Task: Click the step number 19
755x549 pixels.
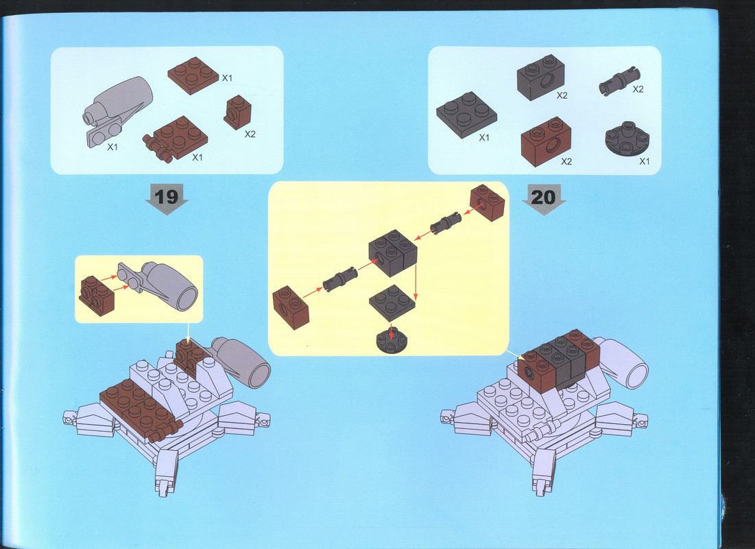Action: click(166, 197)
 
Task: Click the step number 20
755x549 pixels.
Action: click(543, 197)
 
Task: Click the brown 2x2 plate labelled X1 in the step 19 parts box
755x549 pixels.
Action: click(193, 75)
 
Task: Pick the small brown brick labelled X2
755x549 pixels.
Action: click(237, 112)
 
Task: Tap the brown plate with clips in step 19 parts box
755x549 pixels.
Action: click(176, 139)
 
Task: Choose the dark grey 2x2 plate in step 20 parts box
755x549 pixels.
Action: click(466, 115)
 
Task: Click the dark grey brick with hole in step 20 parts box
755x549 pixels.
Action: click(541, 77)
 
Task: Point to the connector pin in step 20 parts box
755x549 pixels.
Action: click(620, 80)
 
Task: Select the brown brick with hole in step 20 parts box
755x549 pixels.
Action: click(546, 141)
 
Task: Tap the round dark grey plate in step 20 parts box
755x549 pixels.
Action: click(627, 139)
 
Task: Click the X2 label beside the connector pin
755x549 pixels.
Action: click(638, 89)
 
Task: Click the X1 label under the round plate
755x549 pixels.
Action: click(645, 161)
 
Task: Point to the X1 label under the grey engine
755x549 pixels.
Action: click(112, 147)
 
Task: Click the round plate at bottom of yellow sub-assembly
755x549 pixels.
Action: click(392, 340)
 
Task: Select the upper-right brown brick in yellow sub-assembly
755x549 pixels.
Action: click(488, 202)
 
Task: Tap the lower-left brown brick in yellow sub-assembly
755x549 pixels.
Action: click(290, 307)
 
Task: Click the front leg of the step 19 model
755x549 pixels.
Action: click(166, 472)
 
